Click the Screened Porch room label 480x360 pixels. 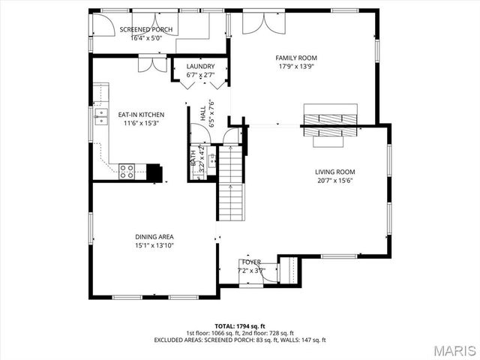coord(146,30)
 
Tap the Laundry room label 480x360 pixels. coord(200,67)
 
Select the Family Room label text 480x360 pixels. coord(296,58)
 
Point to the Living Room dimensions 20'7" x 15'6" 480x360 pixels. coord(334,180)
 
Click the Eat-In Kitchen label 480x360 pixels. coord(142,115)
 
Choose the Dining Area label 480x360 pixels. coord(154,237)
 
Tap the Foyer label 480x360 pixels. coord(251,262)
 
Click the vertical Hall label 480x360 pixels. coord(202,113)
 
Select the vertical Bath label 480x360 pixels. coord(193,157)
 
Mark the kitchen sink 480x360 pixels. coord(100,115)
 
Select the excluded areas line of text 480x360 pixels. coord(240,340)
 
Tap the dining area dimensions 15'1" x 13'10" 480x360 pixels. coord(154,245)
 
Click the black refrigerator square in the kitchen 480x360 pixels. coord(154,172)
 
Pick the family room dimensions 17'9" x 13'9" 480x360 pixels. coord(296,66)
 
